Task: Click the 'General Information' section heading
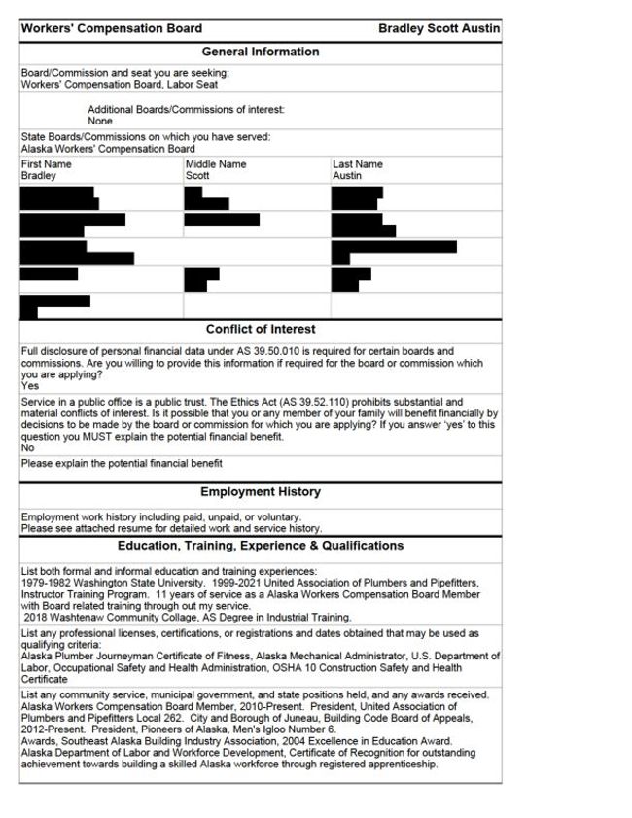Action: pos(260,52)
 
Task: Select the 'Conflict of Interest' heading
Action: pos(260,329)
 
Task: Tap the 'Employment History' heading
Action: pos(260,492)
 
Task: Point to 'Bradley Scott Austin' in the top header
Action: pos(439,29)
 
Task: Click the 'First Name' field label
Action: pos(46,164)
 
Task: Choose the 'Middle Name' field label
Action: pos(215,164)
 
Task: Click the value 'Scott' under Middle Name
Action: pos(197,176)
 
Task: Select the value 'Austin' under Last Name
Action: pos(347,176)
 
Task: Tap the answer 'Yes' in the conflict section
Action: pos(29,386)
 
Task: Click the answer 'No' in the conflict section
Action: pos(27,448)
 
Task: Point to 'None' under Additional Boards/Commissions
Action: pos(100,122)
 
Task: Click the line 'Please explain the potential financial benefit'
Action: pos(122,464)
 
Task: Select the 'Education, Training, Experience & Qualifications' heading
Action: pos(260,546)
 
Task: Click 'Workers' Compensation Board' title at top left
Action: pos(112,29)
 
